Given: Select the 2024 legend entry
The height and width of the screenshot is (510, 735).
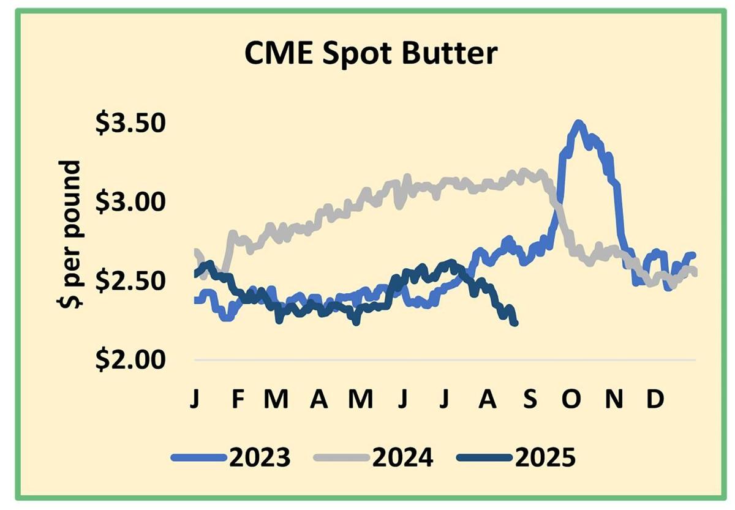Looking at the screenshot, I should pos(374,457).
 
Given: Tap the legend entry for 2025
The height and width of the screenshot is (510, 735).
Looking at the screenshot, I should pos(517,457).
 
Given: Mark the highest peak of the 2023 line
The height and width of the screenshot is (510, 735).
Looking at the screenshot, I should pos(577,124).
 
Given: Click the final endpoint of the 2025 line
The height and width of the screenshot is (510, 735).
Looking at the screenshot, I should pos(515,323).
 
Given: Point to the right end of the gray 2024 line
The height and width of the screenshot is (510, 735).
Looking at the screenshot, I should pos(695,273).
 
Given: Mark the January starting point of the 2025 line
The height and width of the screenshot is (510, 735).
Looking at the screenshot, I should pos(195,274).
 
